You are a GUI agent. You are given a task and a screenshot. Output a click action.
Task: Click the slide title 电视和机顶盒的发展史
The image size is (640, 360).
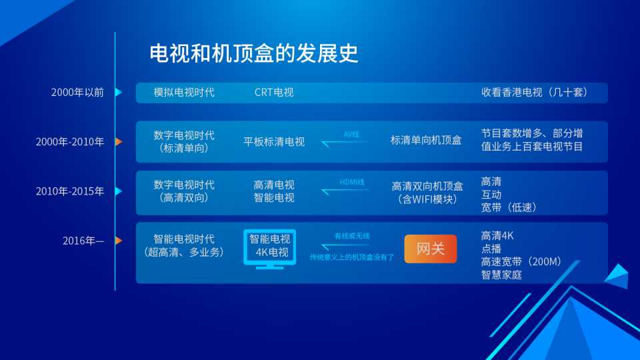[x=253, y=53]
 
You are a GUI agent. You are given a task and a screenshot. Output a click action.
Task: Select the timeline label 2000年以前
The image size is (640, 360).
[x=77, y=92]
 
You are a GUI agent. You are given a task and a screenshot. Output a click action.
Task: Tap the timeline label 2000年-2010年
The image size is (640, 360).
[x=70, y=141]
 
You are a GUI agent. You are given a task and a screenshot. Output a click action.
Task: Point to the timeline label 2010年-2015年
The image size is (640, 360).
[x=70, y=191]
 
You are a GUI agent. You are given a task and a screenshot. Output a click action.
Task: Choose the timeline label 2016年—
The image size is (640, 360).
[x=83, y=241]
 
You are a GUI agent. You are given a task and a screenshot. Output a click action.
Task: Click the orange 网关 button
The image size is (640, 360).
[x=430, y=249]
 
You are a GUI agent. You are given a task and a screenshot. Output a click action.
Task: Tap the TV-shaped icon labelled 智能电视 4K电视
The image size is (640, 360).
[x=269, y=249]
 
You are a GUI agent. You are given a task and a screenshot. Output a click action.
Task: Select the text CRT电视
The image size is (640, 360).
[x=274, y=92]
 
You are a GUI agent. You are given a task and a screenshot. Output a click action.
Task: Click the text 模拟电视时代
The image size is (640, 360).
[x=184, y=92]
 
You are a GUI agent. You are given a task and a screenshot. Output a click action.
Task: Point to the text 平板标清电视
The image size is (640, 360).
[x=274, y=141]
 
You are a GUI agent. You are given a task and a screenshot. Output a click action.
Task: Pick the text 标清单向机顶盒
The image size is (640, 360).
[x=426, y=140]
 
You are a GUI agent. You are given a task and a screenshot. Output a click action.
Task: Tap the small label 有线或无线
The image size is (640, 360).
[x=352, y=236]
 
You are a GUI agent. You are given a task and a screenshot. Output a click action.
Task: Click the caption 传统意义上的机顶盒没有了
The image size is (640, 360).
[x=352, y=257]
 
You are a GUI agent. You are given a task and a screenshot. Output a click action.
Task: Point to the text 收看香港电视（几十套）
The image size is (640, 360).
[x=534, y=92]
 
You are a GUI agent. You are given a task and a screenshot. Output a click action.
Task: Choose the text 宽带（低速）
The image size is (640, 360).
[x=509, y=207]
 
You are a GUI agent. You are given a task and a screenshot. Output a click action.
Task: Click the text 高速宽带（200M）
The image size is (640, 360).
[x=521, y=261]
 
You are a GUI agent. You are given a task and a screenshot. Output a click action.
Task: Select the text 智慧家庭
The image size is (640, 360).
[x=501, y=275]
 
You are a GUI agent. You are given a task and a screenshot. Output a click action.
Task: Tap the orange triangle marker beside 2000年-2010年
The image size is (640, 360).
[x=119, y=141]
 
